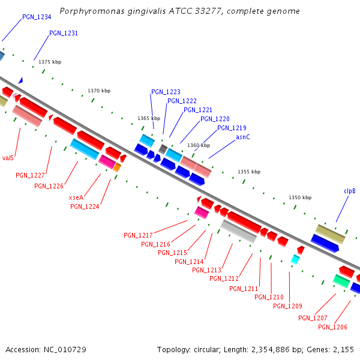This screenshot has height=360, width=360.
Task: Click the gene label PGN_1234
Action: coord(37,17)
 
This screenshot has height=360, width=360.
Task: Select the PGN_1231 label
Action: coord(64,34)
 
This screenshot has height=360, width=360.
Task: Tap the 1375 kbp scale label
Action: coord(50,62)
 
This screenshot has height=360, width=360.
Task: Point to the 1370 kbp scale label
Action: coord(99,91)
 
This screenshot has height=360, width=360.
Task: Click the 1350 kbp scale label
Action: coord(300,197)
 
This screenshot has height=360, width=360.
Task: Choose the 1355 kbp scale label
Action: coord(249,172)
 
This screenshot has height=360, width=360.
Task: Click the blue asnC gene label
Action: coord(242,137)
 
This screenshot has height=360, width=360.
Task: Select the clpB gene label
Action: coord(349,191)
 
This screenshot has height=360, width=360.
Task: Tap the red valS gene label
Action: coord(8,158)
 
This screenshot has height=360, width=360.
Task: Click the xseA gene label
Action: coord(76,197)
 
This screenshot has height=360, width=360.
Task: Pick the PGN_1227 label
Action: coord(30,175)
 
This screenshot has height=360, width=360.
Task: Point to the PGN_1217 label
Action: coord(138,235)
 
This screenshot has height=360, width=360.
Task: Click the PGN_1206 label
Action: coord(332,327)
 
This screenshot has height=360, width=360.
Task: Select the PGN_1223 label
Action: coord(166,92)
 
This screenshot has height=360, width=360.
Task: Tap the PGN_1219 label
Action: coord(232,128)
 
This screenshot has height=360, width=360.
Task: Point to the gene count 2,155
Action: coord(343,349)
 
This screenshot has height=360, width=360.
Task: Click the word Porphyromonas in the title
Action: coord(90,11)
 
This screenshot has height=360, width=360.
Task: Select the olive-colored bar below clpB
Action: coord(330,233)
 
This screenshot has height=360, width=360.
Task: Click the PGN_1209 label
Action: coord(287,306)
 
